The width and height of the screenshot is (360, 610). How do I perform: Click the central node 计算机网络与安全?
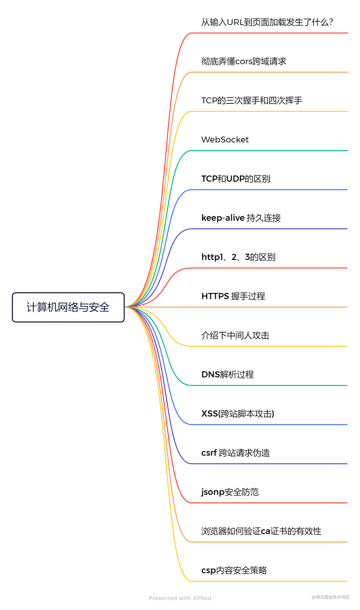tap(68, 307)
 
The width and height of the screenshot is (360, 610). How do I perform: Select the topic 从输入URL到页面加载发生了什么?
tap(267, 22)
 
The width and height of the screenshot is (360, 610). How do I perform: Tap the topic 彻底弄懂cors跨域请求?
tap(244, 61)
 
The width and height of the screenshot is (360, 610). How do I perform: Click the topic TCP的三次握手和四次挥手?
tap(252, 100)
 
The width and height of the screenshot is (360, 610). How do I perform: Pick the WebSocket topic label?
tap(225, 140)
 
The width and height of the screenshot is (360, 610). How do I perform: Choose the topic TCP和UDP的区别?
tap(236, 179)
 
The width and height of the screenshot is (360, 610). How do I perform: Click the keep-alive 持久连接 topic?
tap(241, 218)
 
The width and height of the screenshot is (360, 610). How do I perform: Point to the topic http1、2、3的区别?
tap(238, 257)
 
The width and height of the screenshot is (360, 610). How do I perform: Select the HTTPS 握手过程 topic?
tap(233, 296)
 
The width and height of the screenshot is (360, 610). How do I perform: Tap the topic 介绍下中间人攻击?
tap(235, 335)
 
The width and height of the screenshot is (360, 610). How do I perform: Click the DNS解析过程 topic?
tap(228, 375)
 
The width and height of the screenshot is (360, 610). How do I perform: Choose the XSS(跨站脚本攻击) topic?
tap(238, 414)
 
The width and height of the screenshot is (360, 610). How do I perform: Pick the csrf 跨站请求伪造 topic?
tap(236, 453)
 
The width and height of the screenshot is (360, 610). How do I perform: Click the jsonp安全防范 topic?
tap(230, 492)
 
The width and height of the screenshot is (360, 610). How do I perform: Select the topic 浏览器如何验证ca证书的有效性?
tap(261, 531)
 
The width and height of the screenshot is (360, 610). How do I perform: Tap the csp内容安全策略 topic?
tap(234, 570)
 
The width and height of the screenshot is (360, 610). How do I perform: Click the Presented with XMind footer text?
tap(180, 598)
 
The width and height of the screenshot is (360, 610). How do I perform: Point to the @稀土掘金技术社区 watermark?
tap(330, 597)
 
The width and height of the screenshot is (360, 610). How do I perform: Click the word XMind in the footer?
tap(202, 598)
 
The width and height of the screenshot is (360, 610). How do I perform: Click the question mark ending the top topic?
tap(331, 22)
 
